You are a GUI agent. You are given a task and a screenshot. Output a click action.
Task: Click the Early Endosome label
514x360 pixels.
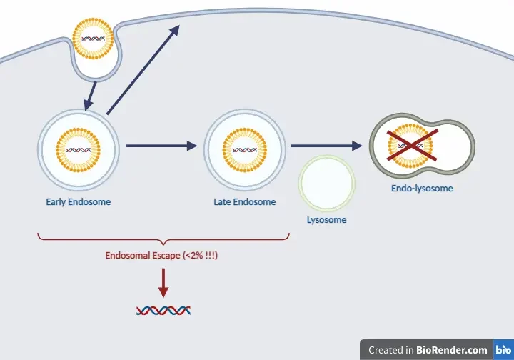point(79,202)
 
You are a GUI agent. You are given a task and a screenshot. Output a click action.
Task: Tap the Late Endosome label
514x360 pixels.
point(245,202)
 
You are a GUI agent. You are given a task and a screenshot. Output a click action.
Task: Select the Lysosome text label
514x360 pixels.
point(326,220)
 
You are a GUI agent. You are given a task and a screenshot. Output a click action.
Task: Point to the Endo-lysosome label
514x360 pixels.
point(422,189)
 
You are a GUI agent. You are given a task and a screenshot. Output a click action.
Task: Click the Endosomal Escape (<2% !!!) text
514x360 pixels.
point(161,255)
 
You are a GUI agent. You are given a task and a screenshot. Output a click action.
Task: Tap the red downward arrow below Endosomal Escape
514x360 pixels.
point(163,283)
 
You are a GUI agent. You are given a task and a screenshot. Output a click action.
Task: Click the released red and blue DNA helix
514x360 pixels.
point(163,310)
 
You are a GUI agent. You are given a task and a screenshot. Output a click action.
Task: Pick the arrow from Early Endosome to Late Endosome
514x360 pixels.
point(161,146)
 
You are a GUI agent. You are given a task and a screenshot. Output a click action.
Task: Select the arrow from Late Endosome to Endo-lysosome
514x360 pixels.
point(326,146)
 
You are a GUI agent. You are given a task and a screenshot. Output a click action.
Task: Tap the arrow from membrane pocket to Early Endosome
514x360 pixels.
point(90,95)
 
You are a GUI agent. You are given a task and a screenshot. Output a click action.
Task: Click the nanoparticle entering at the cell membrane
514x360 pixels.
point(94,39)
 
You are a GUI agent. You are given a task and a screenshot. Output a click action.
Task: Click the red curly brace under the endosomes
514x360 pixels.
point(163,238)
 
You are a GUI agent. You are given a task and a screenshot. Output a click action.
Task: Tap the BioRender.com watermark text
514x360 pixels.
point(428,350)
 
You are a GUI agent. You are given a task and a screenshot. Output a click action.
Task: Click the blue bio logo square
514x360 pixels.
point(503,350)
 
